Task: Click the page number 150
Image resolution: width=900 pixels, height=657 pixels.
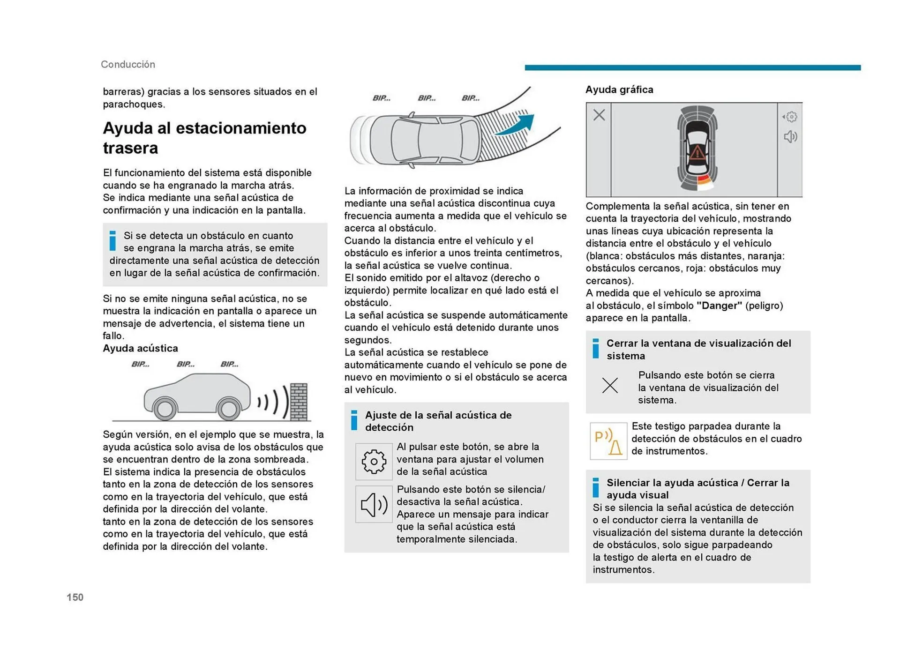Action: click(75, 597)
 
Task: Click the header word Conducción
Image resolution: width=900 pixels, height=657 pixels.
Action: click(128, 64)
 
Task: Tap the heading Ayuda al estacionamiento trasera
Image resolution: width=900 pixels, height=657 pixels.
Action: click(204, 138)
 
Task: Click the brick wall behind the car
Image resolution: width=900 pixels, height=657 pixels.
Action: click(299, 402)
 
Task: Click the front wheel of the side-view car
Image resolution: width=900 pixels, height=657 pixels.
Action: click(165, 409)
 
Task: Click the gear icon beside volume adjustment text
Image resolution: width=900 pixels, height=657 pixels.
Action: click(374, 462)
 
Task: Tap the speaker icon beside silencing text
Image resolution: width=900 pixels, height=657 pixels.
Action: click(374, 504)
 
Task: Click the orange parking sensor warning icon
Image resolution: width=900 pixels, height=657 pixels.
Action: click(608, 441)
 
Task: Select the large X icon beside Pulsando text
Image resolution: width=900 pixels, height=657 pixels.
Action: click(610, 385)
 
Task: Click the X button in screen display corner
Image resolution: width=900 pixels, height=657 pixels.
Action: click(599, 115)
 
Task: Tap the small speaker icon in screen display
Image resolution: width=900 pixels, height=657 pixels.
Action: click(790, 137)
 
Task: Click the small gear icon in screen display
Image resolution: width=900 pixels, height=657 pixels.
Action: click(791, 116)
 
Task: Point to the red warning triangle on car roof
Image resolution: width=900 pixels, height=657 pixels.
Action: click(697, 152)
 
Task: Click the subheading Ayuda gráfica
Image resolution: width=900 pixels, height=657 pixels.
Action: click(619, 90)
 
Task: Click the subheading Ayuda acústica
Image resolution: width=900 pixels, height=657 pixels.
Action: click(141, 348)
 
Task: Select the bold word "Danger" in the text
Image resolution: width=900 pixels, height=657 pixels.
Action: click(719, 306)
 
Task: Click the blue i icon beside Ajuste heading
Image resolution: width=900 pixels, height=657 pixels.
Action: click(354, 420)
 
